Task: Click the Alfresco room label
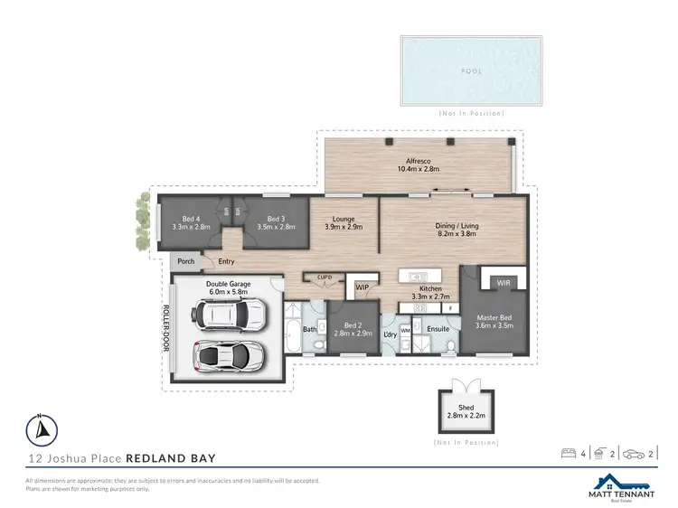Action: click(x=417, y=161)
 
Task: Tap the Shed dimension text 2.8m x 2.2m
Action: click(x=466, y=415)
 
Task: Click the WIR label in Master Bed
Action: click(x=504, y=283)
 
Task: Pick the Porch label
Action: click(x=185, y=261)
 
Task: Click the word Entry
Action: click(x=226, y=262)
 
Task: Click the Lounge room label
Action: click(x=343, y=219)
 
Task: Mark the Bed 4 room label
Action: click(x=190, y=218)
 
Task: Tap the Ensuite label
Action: click(x=438, y=330)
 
